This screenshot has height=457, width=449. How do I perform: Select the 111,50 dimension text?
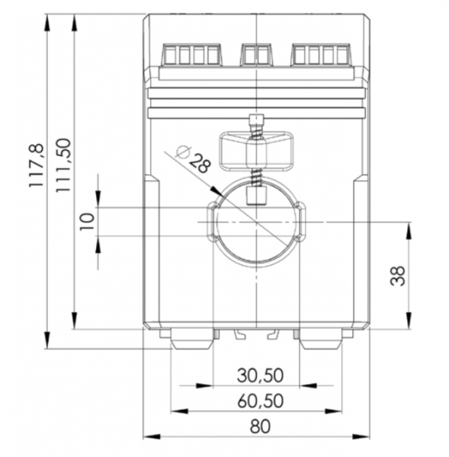click(63, 165)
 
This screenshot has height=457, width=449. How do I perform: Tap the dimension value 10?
click(87, 221)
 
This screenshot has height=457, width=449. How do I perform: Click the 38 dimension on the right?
click(399, 276)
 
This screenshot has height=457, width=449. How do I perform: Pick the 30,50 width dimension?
click(260, 376)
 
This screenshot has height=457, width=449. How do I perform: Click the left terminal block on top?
click(191, 55)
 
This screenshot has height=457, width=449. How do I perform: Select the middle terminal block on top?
click(257, 55)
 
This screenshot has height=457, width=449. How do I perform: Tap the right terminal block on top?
click(322, 55)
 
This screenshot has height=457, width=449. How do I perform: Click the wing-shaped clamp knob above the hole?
click(256, 149)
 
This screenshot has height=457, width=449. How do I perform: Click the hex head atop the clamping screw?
click(257, 121)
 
